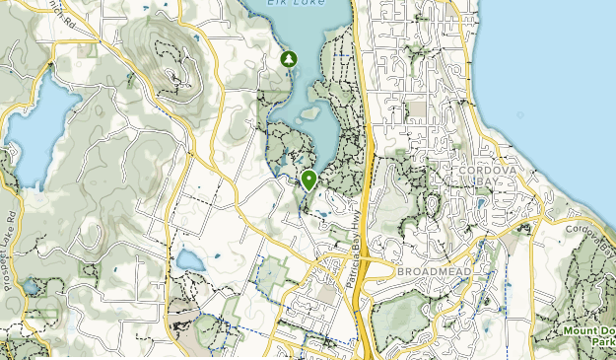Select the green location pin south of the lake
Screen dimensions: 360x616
(x=309, y=180)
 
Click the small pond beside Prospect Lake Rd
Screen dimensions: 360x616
(x=31, y=286)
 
